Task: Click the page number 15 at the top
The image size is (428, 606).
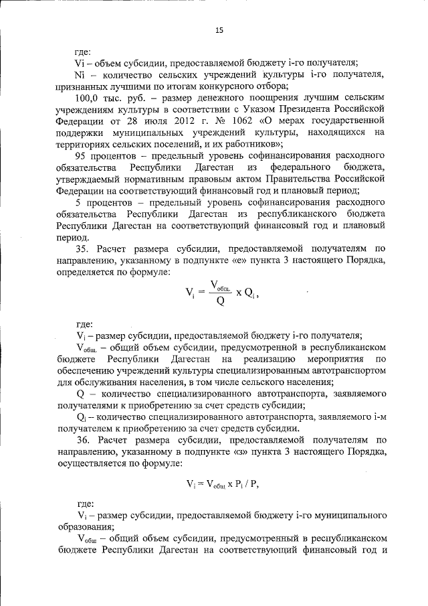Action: click(x=218, y=30)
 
